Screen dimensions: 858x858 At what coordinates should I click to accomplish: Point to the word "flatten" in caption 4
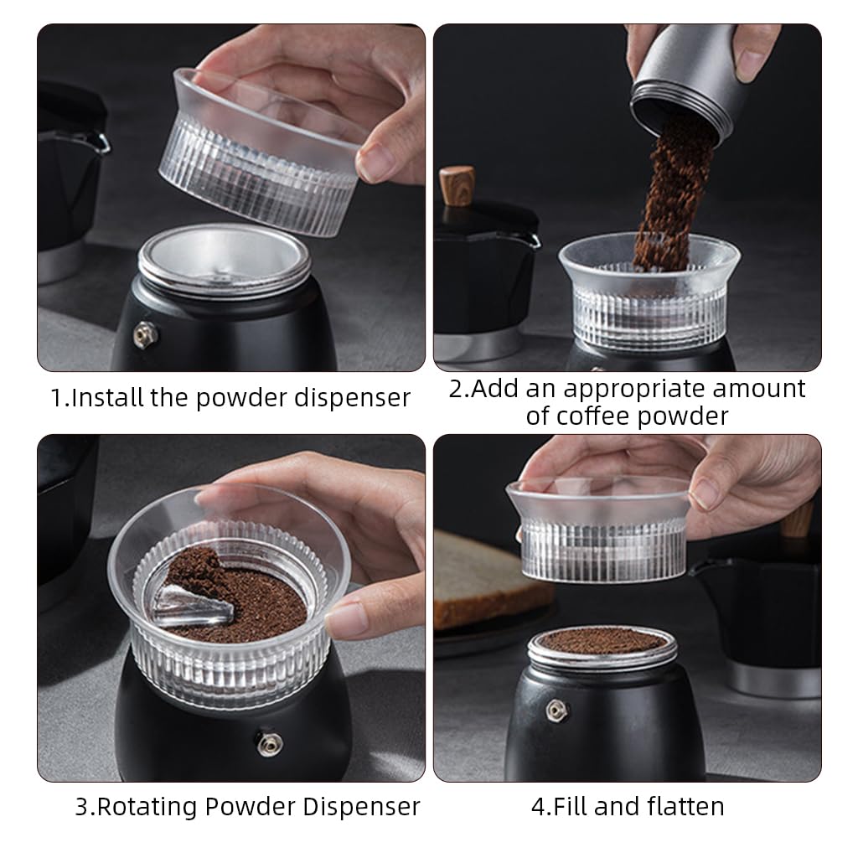[685, 807]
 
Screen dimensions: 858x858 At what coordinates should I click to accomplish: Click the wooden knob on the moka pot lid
[457, 182]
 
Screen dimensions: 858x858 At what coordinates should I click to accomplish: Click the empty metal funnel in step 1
[224, 260]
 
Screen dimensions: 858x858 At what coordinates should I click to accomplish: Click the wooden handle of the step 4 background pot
[799, 519]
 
